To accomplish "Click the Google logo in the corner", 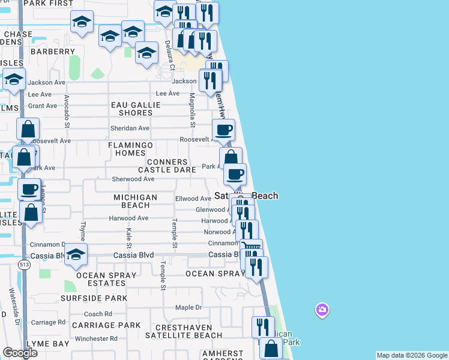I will [x=20, y=353].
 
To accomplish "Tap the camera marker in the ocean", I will [x=322, y=310].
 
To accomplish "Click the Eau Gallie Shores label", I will [x=136, y=109].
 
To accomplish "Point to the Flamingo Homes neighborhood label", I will [x=131, y=149].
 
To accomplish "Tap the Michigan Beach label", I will [x=136, y=201].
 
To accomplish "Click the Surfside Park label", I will [x=94, y=298].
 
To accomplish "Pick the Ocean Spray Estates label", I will [x=99, y=278].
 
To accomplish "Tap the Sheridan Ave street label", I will [x=130, y=128].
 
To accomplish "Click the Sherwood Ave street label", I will [x=133, y=179].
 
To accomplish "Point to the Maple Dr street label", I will [x=188, y=308].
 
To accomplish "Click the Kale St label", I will [x=128, y=238].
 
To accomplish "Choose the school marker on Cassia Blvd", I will [x=76, y=254].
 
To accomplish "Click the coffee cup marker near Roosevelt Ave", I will [x=224, y=130].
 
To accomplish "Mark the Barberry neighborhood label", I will [x=53, y=52].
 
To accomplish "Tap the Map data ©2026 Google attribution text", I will [x=412, y=355].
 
